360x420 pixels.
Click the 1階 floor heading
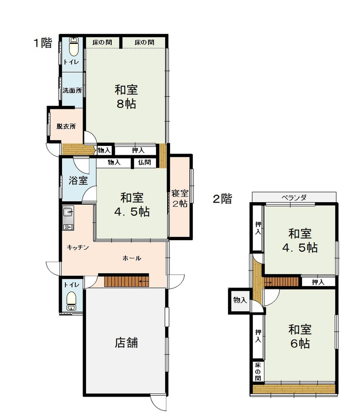pos(43,43)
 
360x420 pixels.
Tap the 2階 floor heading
pos(223,198)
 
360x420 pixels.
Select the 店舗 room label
pos(126,343)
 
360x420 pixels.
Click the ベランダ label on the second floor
pos(294,197)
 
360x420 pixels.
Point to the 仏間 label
pos(145,162)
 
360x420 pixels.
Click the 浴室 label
pos(78,180)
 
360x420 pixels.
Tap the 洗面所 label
pos(72,91)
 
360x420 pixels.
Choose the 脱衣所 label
pos(66,126)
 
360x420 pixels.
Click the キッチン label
pos(78,247)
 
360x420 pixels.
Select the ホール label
pos(132,258)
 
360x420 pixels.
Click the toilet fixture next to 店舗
pos(71,301)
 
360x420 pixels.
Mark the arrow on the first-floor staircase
pos(144,281)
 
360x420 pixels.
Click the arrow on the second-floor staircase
pos(268,282)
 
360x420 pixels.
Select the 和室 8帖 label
pos(126,97)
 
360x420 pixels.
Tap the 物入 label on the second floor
pos(240,300)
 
